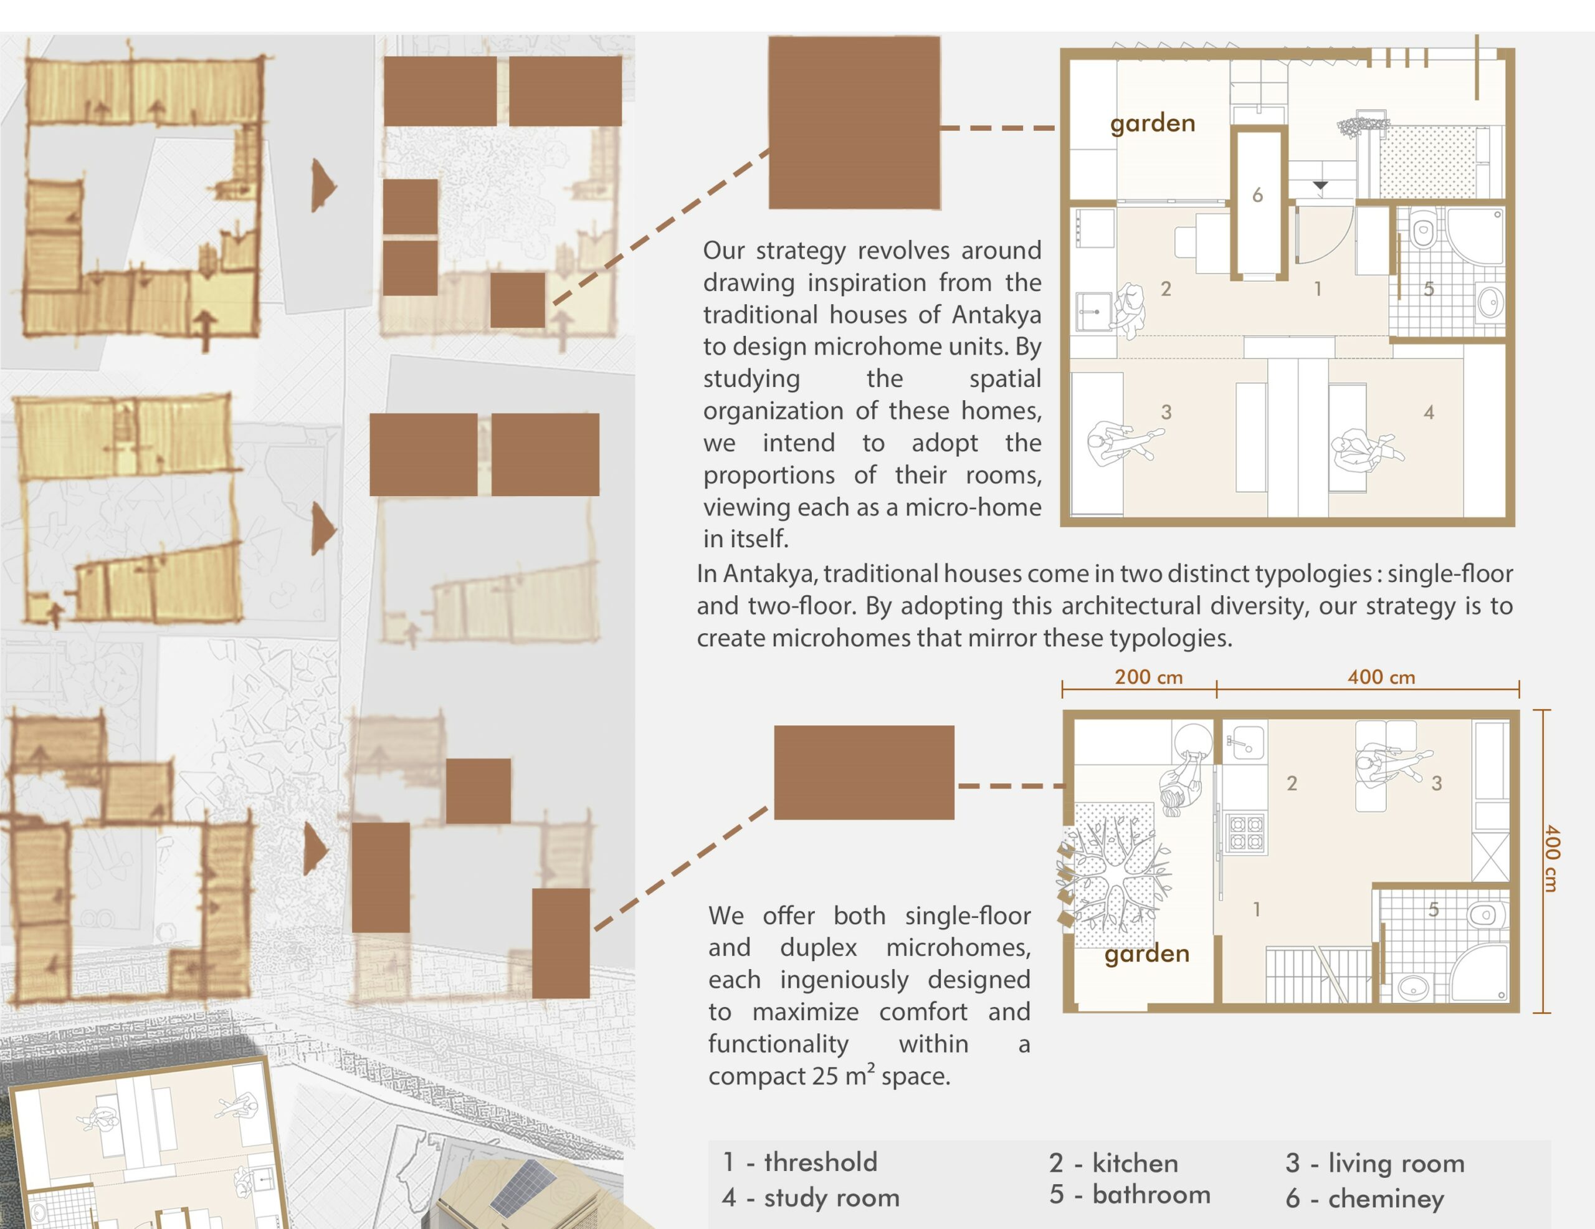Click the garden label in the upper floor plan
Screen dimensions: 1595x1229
click(1153, 123)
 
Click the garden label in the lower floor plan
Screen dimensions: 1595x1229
click(1146, 954)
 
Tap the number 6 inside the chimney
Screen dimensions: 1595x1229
click(1257, 195)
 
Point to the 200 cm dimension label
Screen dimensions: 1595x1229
click(1149, 677)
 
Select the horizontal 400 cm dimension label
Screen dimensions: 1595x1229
click(1381, 677)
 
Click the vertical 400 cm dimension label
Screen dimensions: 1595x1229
click(1551, 859)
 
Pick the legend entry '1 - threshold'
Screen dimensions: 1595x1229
click(800, 1162)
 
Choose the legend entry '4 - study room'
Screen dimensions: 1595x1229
click(811, 1198)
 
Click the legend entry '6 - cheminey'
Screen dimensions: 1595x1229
click(1364, 1199)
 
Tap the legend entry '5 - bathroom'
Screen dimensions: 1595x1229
click(1130, 1195)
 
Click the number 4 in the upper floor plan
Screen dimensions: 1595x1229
click(1429, 413)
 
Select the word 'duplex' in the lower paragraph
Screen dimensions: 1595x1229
click(818, 949)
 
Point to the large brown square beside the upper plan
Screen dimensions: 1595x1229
click(854, 123)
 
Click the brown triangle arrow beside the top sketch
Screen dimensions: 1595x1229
click(323, 186)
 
